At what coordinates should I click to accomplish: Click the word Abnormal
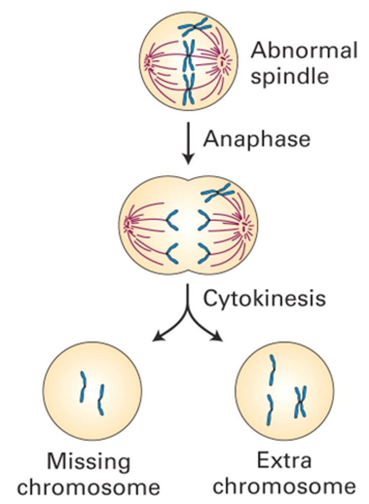coord(304,50)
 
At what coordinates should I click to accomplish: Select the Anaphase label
coord(256,139)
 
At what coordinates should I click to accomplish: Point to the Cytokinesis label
coord(264,298)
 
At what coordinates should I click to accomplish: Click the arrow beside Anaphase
coord(188,143)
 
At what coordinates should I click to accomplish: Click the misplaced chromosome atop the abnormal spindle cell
coord(194,27)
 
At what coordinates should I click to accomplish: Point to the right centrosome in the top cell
coord(222,61)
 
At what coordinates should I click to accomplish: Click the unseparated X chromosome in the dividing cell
coord(218,193)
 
